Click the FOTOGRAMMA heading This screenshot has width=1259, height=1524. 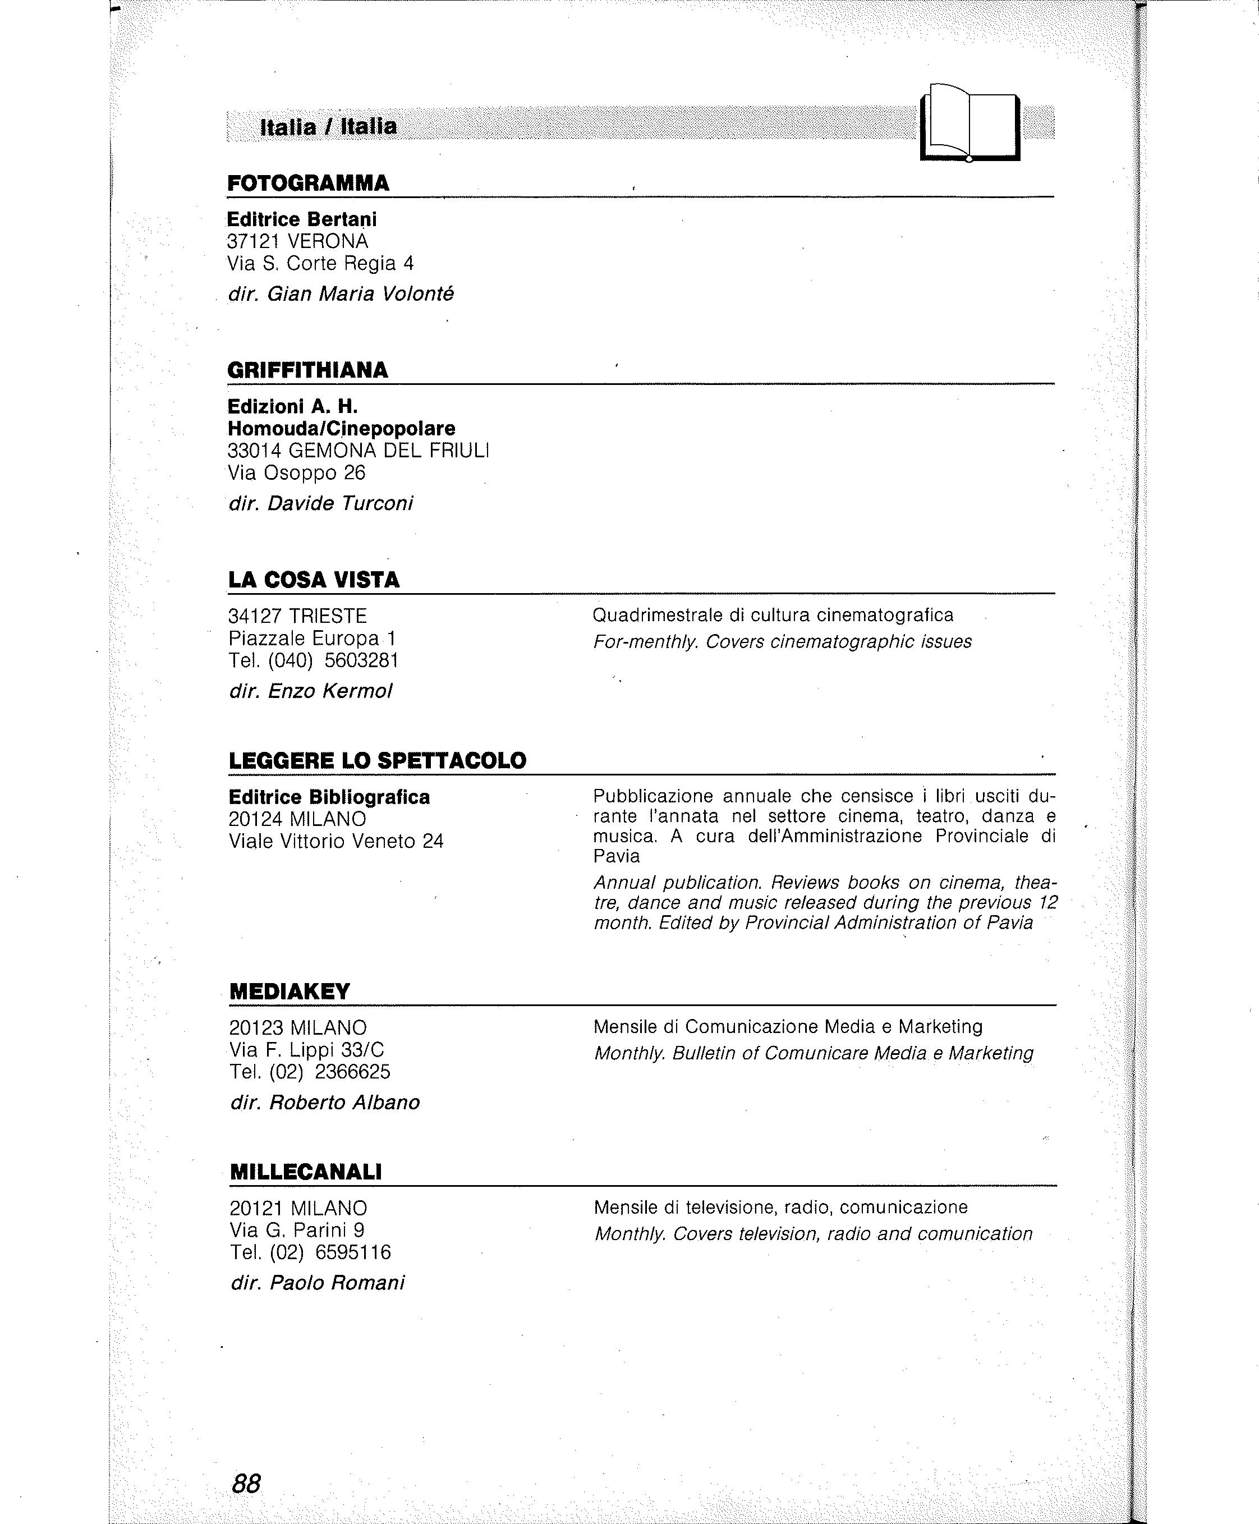[x=308, y=183]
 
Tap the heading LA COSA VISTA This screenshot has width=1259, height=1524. [x=313, y=580]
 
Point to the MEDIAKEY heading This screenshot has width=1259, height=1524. [x=290, y=991]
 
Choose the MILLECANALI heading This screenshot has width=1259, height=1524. [x=305, y=1172]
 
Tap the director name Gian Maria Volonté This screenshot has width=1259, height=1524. [x=360, y=294]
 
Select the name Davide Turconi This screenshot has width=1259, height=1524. [x=340, y=503]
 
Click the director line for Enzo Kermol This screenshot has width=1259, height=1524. [x=310, y=691]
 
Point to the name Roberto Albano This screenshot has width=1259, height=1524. [x=344, y=1102]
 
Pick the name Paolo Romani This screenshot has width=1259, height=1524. [x=337, y=1283]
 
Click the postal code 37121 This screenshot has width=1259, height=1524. [x=254, y=241]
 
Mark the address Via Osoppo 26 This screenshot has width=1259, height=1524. [x=297, y=473]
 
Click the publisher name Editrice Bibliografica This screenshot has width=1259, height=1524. [x=329, y=797]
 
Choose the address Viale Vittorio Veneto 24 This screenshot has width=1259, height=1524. [x=336, y=842]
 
